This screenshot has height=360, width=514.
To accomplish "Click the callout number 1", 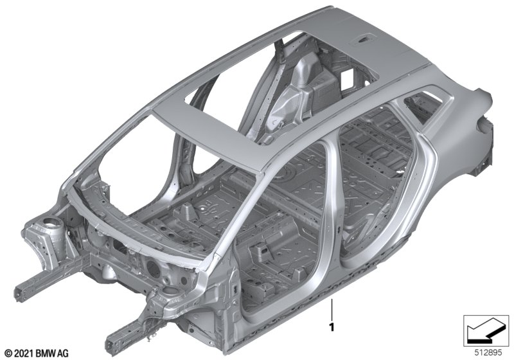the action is coord(332,327).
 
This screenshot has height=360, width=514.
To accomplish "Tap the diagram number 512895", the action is coord(488,353).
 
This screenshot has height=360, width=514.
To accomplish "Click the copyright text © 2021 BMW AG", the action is coord(37,354).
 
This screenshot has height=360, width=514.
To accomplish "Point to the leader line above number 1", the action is coord(332,309).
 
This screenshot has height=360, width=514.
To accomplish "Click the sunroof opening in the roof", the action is coord(282,87).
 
